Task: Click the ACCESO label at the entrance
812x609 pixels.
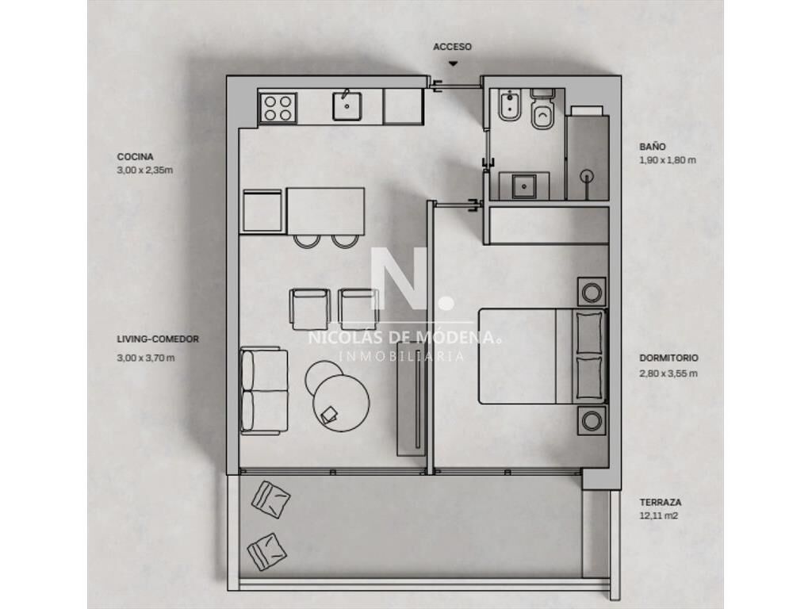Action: [x=452, y=47]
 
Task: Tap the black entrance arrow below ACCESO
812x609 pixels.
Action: [x=453, y=63]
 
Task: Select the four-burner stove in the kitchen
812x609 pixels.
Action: [x=278, y=108]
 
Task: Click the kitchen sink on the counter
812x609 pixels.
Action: [x=347, y=105]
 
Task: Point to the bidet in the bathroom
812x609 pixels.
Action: [x=509, y=105]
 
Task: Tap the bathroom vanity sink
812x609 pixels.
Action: [x=524, y=186]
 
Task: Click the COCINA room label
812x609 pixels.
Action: [x=135, y=157]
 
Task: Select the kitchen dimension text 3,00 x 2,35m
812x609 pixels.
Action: [x=145, y=170]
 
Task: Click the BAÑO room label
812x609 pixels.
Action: [x=653, y=147]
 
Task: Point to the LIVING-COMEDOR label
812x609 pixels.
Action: [x=158, y=339]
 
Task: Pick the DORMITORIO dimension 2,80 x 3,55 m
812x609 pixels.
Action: [x=668, y=373]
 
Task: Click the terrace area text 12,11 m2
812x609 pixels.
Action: [x=659, y=515]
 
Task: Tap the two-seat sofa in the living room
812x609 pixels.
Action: [x=264, y=390]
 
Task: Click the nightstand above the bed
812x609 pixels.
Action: [x=592, y=292]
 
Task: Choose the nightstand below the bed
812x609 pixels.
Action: [x=592, y=420]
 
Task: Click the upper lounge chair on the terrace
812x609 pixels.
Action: [x=271, y=500]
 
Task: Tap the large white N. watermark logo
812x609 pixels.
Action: [x=412, y=278]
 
